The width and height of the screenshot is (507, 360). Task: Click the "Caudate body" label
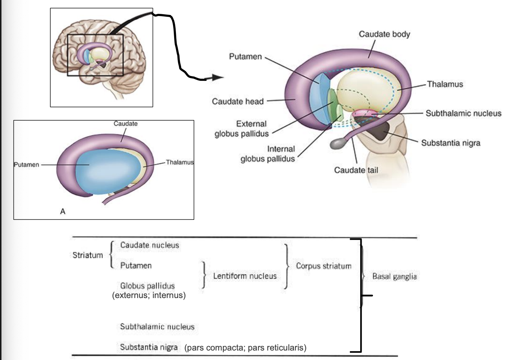384,34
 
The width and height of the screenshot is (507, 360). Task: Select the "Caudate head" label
237,101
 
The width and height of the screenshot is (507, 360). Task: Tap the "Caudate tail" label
356,170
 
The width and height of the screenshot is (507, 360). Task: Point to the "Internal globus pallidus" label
268,154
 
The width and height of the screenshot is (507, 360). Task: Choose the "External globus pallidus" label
241,129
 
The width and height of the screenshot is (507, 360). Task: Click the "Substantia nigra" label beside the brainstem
451,143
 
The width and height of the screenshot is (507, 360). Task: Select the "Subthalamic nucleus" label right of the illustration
463,113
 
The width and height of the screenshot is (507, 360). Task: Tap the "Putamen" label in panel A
26,165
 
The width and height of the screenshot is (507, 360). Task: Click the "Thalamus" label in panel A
180,162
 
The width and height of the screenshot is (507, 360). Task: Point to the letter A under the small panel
63,211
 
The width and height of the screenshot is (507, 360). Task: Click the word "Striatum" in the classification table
88,255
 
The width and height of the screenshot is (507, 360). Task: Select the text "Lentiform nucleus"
245,276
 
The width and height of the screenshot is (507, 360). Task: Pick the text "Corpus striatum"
323,266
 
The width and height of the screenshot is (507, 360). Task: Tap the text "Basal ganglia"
394,277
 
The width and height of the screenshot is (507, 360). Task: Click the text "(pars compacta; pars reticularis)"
245,348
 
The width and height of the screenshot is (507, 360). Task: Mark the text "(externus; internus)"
149,295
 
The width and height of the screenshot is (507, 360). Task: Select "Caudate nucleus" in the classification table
150,245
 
